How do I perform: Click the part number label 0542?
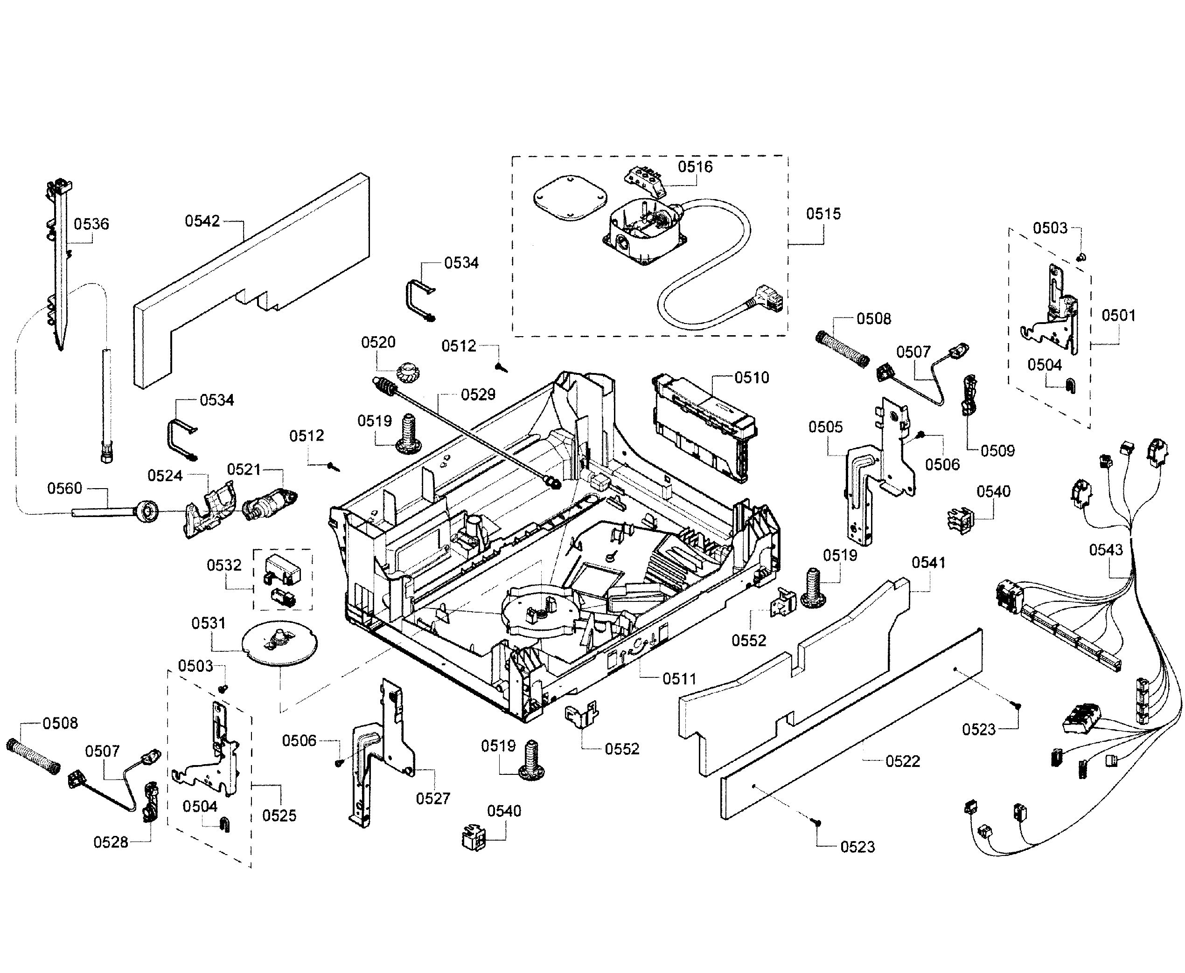point(202,221)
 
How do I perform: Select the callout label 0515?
point(823,214)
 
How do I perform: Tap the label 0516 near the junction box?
point(695,166)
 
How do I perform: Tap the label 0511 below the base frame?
point(679,679)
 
